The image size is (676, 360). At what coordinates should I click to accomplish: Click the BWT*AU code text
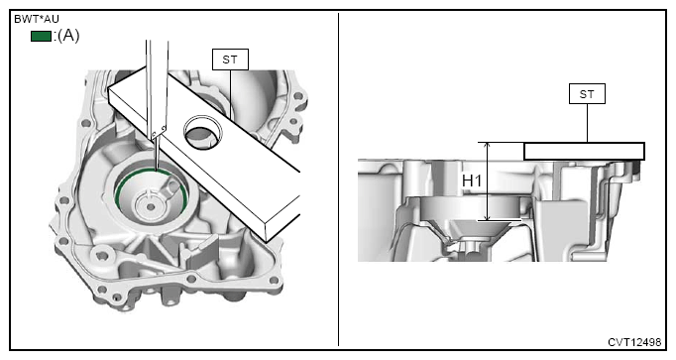pyautogui.click(x=37, y=20)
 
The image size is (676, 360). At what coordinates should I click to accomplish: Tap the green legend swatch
pyautogui.click(x=41, y=37)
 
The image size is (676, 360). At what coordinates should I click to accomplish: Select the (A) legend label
pyautogui.click(x=68, y=36)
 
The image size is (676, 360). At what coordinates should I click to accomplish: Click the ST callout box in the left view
pyautogui.click(x=230, y=60)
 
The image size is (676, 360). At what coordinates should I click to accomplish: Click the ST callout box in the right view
pyautogui.click(x=587, y=94)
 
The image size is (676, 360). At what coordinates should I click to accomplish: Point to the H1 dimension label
pyautogui.click(x=472, y=181)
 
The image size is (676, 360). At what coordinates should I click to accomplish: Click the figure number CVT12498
pyautogui.click(x=634, y=342)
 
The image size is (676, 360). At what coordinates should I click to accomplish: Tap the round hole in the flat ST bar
pyautogui.click(x=203, y=132)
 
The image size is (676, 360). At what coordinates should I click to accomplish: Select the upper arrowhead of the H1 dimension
pyautogui.click(x=488, y=147)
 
